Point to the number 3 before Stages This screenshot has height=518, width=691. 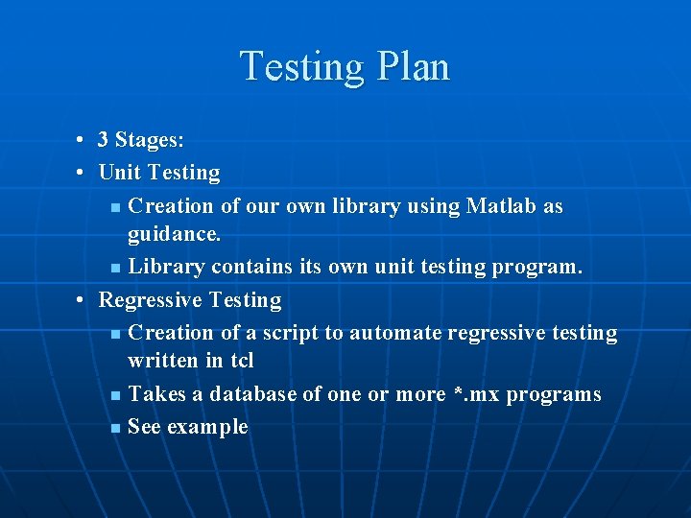click(x=104, y=140)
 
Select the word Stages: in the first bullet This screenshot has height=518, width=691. click(x=150, y=140)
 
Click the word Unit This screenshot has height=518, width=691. click(x=119, y=173)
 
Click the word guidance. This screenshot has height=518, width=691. click(x=175, y=234)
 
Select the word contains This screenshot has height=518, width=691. click(x=248, y=267)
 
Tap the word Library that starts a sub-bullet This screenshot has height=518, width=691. click(x=166, y=267)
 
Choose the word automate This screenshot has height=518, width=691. click(x=393, y=333)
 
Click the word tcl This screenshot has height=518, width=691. click(x=243, y=362)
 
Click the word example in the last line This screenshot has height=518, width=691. click(x=207, y=427)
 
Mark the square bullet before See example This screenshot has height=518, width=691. click(x=115, y=428)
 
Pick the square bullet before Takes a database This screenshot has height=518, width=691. click(x=115, y=395)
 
